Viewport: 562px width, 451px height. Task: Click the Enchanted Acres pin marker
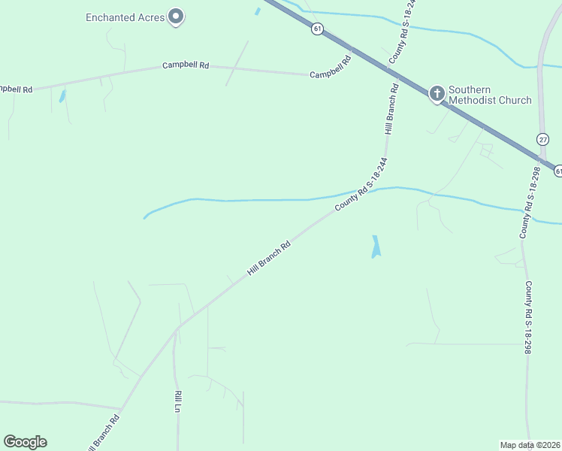pos(176,16)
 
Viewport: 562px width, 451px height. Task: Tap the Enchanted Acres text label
pos(125,17)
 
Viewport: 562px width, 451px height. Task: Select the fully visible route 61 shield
pos(318,29)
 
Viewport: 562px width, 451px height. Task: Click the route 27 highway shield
pos(542,139)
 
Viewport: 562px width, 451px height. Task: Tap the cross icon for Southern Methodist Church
pos(437,93)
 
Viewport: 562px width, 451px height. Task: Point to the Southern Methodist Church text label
pos(490,95)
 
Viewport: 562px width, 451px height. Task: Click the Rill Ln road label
pos(178,401)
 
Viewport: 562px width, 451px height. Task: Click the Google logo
pos(25,442)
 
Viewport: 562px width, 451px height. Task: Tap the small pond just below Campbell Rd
pos(62,96)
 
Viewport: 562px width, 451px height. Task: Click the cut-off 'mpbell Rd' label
pos(15,89)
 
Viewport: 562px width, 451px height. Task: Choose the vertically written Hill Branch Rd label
pos(391,109)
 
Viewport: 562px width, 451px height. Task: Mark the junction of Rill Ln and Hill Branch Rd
pos(177,328)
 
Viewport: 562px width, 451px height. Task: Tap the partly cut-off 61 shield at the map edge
pos(558,171)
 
